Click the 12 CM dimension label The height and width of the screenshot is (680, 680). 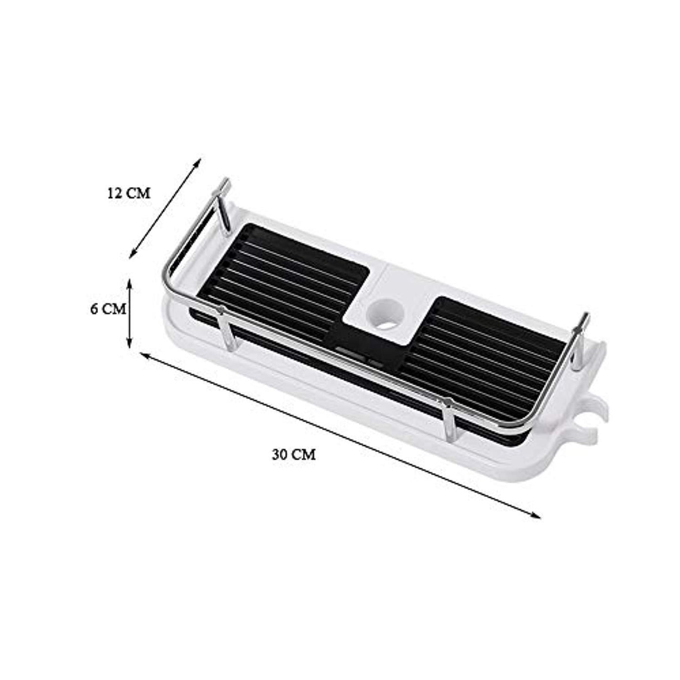[x=129, y=193]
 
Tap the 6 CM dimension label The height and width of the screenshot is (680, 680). [x=108, y=309]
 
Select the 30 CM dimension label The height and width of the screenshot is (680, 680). [x=294, y=455]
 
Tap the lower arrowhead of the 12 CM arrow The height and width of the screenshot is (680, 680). [x=134, y=253]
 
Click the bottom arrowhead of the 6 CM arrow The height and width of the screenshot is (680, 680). [x=129, y=345]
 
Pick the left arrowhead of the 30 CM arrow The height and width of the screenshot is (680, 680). [x=145, y=358]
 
